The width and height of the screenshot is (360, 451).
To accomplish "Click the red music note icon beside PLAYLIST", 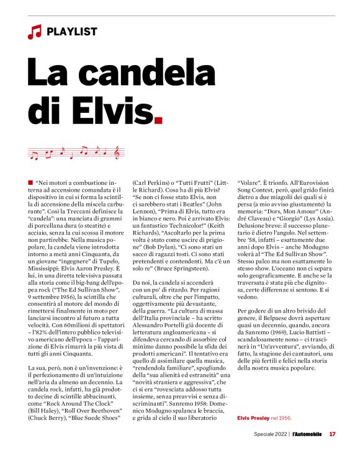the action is [x=34, y=31].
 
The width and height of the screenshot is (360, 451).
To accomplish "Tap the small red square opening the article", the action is [x=30, y=181].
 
